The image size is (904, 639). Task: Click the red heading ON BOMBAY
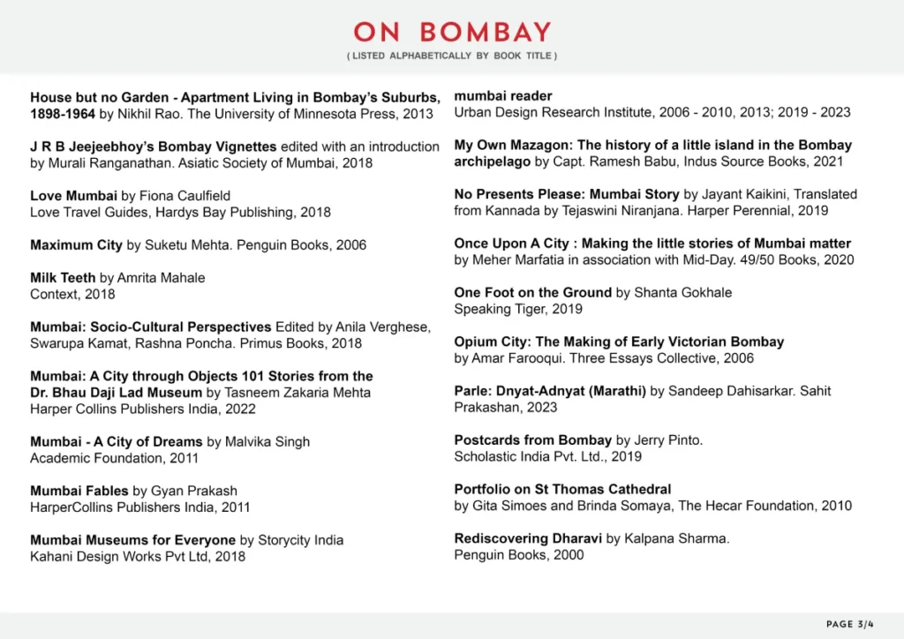pyautogui.click(x=452, y=32)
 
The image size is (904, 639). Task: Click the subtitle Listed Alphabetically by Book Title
pyautogui.click(x=452, y=56)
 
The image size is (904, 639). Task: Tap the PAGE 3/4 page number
pyautogui.click(x=850, y=624)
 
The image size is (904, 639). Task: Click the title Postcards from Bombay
pyautogui.click(x=532, y=440)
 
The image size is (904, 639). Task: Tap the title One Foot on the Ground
pyautogui.click(x=532, y=292)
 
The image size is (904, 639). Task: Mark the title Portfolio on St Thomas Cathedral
pyautogui.click(x=562, y=489)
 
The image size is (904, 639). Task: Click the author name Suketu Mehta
pyautogui.click(x=191, y=244)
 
